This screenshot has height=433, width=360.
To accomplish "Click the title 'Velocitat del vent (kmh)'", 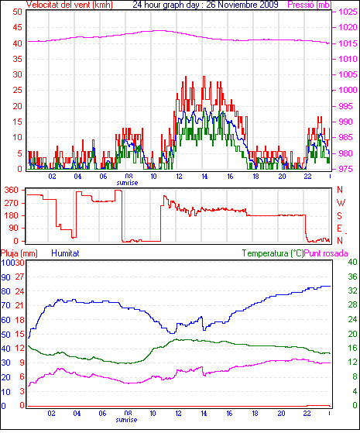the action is click(70, 5).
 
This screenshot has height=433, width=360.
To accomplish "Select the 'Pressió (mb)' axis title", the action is click(310, 5).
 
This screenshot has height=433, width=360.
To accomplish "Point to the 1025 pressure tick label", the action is click(348, 12).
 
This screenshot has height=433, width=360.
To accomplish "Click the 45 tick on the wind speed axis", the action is click(17, 27).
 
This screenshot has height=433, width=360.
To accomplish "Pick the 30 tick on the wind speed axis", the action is click(17, 74).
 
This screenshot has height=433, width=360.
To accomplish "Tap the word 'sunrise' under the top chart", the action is click(127, 183).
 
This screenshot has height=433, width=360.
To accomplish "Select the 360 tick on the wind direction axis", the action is click(12, 190).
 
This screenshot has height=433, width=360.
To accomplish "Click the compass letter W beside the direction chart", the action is click(341, 203).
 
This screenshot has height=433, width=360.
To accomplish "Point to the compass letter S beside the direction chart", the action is click(340, 215).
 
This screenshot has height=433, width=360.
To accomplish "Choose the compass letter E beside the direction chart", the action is click(340, 228).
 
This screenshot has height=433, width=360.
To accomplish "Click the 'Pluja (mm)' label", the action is click(19, 253).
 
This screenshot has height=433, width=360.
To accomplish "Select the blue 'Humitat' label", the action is click(66, 253).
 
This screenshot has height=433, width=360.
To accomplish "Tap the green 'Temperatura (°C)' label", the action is click(273, 253).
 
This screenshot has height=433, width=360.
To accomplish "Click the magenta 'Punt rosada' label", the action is click(326, 253).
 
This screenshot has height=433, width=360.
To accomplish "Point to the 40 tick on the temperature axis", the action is click(352, 262).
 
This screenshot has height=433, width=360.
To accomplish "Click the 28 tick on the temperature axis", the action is click(352, 305).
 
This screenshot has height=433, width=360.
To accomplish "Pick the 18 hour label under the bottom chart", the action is click(255, 414).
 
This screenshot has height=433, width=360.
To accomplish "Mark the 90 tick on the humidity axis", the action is click(5, 277).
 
